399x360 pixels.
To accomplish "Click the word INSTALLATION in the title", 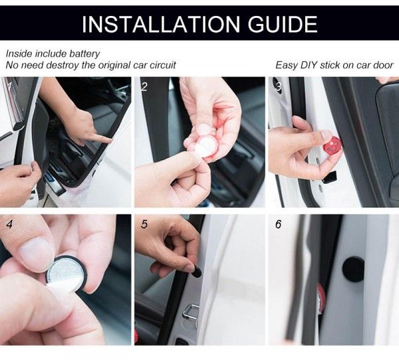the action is (161, 25).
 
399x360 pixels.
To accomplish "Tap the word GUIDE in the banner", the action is (283, 25).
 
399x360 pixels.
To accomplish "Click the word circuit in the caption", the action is (163, 65).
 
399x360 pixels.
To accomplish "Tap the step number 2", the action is (144, 87).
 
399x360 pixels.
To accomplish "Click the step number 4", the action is (10, 225).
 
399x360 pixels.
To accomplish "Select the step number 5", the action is (144, 225).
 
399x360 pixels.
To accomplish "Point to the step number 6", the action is (279, 225).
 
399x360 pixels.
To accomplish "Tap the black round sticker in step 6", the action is (353, 268).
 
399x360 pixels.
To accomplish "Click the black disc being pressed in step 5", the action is (196, 272).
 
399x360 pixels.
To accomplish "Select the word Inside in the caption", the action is (19, 54).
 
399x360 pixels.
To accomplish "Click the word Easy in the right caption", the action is (287, 65).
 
